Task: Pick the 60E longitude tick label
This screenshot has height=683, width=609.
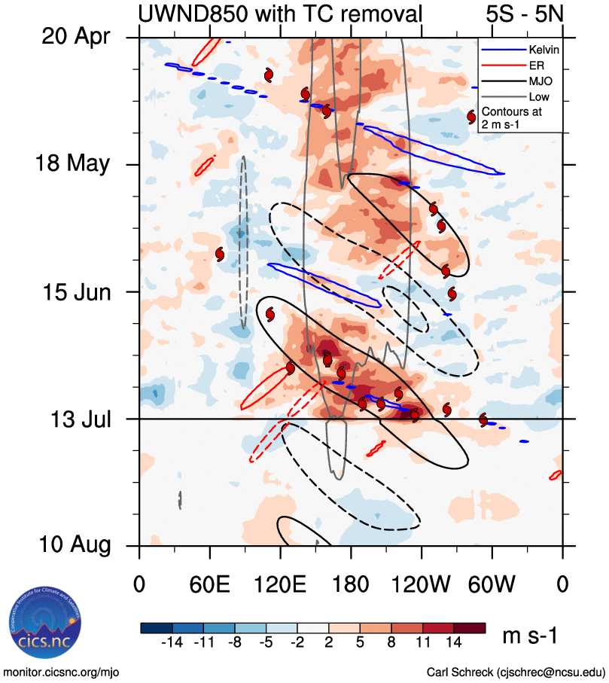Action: click(x=209, y=583)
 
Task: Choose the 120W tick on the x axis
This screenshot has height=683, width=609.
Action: click(x=422, y=583)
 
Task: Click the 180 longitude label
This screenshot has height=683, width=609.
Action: click(x=351, y=583)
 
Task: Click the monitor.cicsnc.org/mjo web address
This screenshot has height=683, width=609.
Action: click(x=62, y=672)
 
